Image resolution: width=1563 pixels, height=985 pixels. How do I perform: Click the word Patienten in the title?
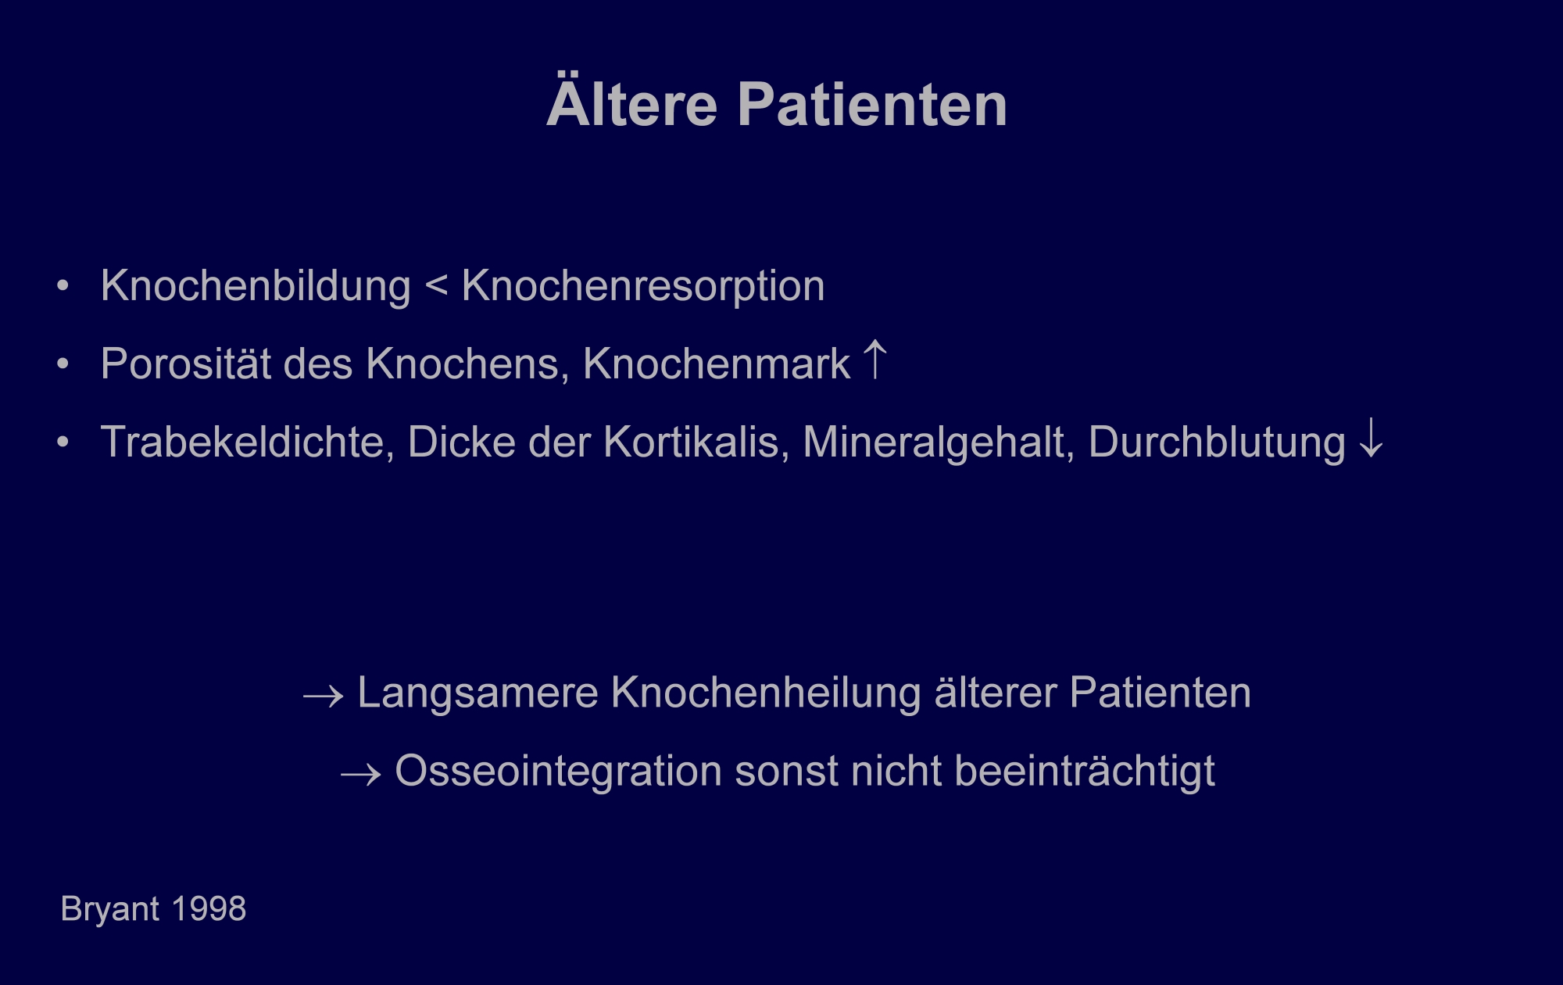click(872, 104)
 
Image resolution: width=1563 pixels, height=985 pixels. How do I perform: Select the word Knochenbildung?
click(256, 286)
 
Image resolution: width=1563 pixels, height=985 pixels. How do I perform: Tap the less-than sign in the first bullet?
click(437, 285)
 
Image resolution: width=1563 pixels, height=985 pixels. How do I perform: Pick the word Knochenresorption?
click(643, 287)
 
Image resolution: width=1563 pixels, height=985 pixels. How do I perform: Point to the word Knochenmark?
click(717, 364)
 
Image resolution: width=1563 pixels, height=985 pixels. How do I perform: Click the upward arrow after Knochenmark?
click(875, 360)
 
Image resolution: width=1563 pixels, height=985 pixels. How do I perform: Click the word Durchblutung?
click(1217, 442)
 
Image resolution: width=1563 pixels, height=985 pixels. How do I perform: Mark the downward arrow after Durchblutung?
click(1372, 439)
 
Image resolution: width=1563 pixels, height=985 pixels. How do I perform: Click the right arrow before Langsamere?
click(324, 695)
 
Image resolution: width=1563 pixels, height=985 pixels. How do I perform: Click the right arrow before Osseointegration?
click(361, 773)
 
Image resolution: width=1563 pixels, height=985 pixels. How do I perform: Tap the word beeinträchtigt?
click(1085, 772)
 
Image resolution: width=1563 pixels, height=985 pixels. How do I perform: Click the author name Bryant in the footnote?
click(110, 910)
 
